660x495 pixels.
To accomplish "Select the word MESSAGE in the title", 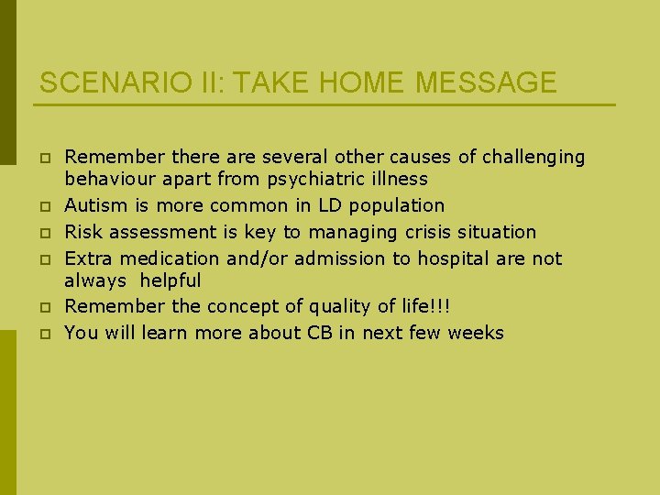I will pos(486,82).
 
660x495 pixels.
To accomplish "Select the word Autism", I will pos(94,205).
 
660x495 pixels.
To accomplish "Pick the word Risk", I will pos(83,232).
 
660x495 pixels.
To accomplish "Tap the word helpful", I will pos(170,280).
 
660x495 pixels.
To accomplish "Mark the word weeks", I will pos(476,333).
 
